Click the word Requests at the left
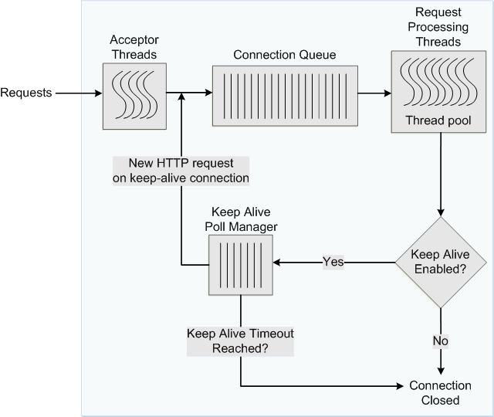coord(26,93)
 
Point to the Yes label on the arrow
coord(333,263)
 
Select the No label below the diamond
coord(440,340)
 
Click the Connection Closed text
coord(440,392)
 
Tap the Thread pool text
coord(439,120)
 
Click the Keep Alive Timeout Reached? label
coord(241,341)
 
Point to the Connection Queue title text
coord(285,55)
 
